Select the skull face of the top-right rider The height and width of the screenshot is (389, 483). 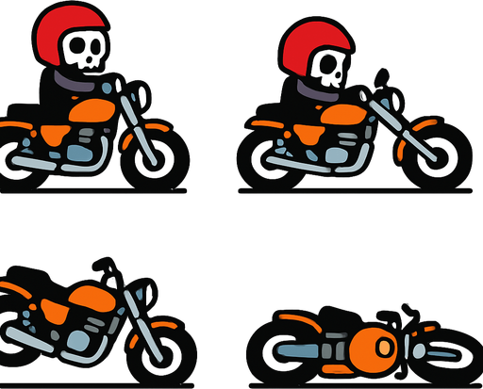click(330, 68)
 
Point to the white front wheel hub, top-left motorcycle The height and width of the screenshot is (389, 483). click(156, 158)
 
